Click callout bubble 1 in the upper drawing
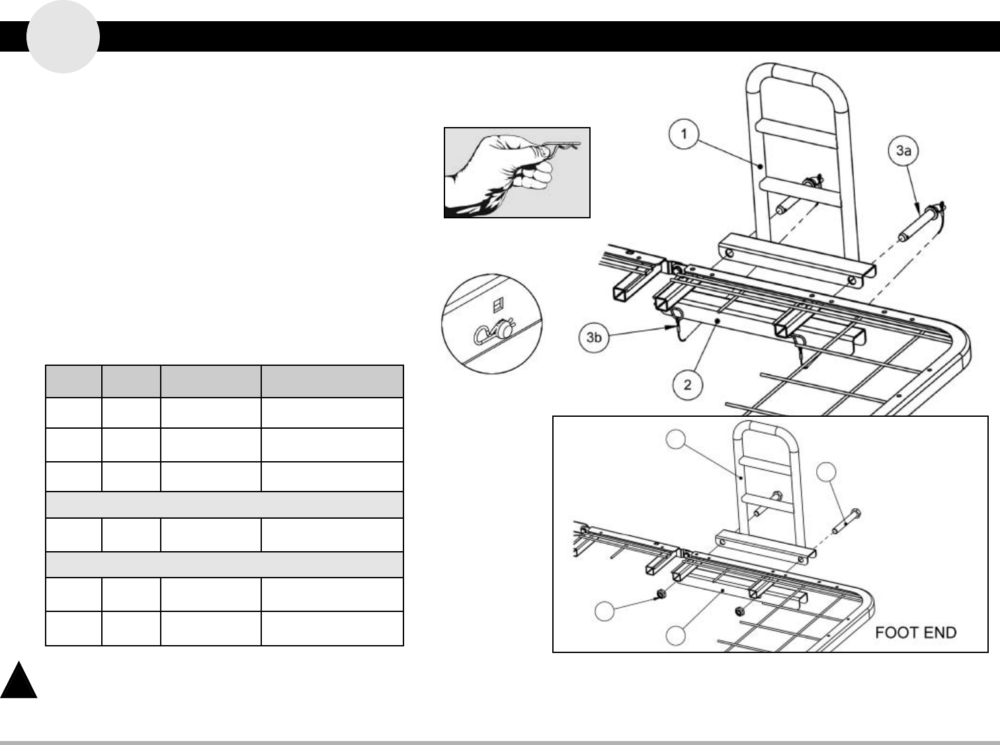coord(684,134)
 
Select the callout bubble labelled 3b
coord(595,337)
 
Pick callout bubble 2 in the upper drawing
coord(688,384)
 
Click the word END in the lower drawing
coord(940,633)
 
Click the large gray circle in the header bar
coord(63,36)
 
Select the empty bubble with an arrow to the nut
coord(604,611)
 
